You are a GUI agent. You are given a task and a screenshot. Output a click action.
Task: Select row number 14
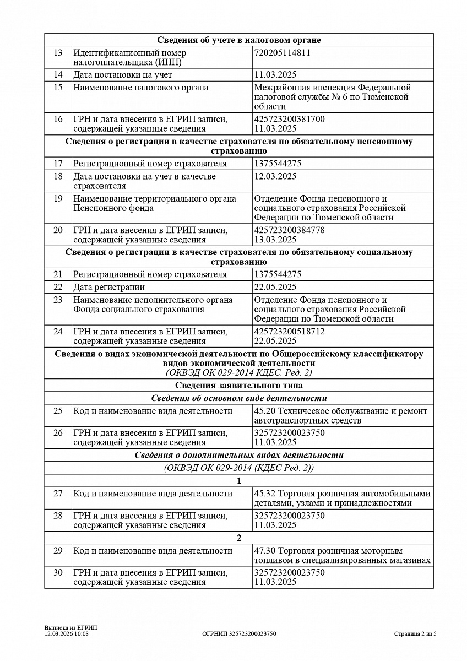(58, 74)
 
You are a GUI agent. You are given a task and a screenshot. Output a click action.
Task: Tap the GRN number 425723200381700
(289, 119)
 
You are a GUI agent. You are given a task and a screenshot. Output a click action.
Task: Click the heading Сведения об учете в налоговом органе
(238, 40)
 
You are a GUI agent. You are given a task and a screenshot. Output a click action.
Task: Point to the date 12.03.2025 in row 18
(275, 176)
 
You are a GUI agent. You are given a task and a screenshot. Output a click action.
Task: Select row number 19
(58, 198)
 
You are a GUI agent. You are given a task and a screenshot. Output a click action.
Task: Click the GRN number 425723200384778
(289, 230)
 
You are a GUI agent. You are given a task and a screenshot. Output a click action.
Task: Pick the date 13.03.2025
(275, 239)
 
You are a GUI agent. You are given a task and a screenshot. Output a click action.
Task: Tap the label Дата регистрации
(109, 287)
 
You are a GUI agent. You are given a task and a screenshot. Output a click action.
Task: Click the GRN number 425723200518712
(289, 332)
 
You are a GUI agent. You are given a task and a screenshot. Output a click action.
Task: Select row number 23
(58, 300)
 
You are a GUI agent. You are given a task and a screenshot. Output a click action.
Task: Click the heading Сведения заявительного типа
(238, 385)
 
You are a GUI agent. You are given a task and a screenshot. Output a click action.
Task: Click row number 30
(58, 572)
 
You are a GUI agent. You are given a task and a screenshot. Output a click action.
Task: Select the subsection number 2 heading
(238, 538)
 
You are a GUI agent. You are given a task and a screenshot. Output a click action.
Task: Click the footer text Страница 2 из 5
(415, 634)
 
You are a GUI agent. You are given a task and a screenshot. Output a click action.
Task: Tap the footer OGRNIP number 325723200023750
(239, 634)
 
